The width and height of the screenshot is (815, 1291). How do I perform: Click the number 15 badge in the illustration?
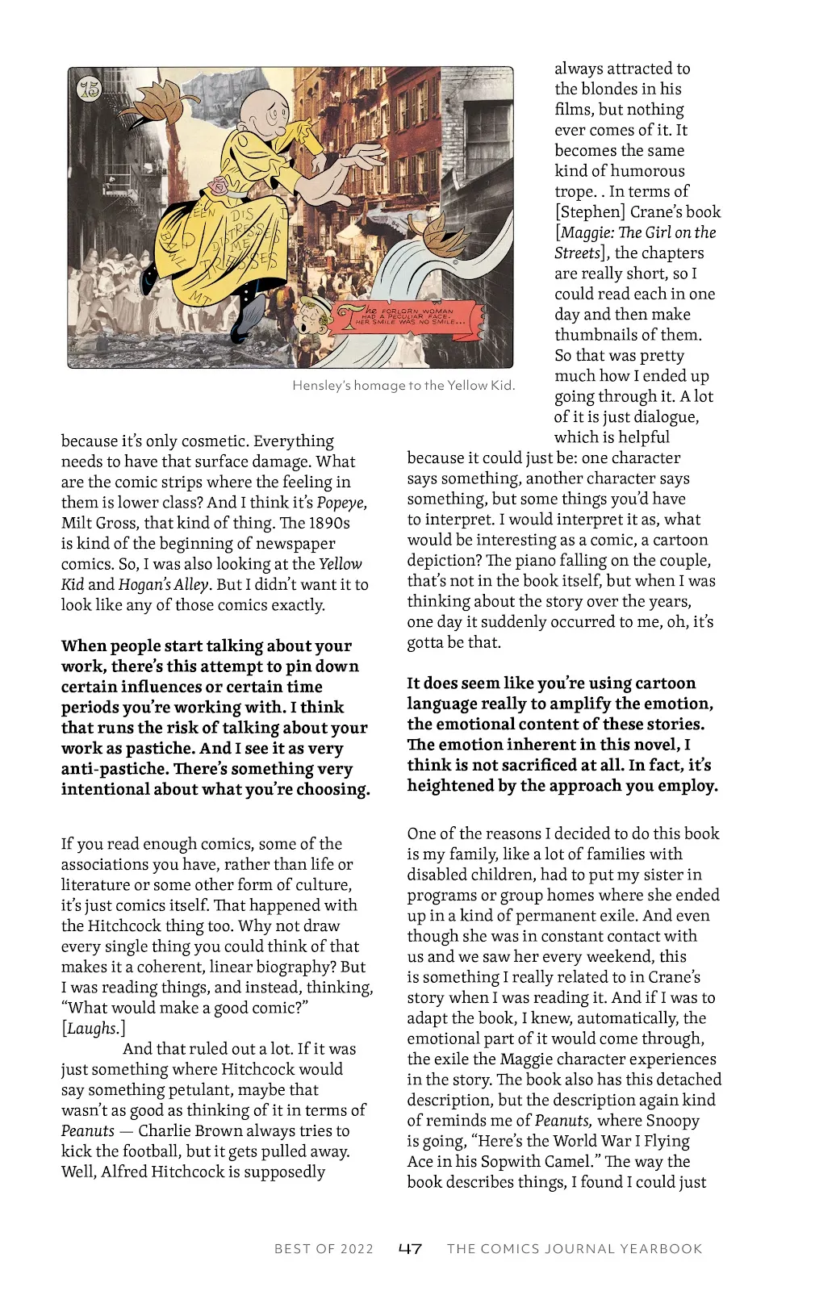tap(89, 89)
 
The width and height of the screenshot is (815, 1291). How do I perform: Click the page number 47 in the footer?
tap(410, 1248)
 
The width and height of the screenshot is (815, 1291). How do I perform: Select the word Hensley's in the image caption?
tap(317, 386)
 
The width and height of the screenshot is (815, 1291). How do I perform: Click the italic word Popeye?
tap(341, 503)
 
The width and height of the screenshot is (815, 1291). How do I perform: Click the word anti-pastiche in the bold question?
tap(113, 769)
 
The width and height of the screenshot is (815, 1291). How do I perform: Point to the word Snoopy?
tap(673, 1120)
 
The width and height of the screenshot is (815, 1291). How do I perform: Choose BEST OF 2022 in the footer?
tap(324, 1249)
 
